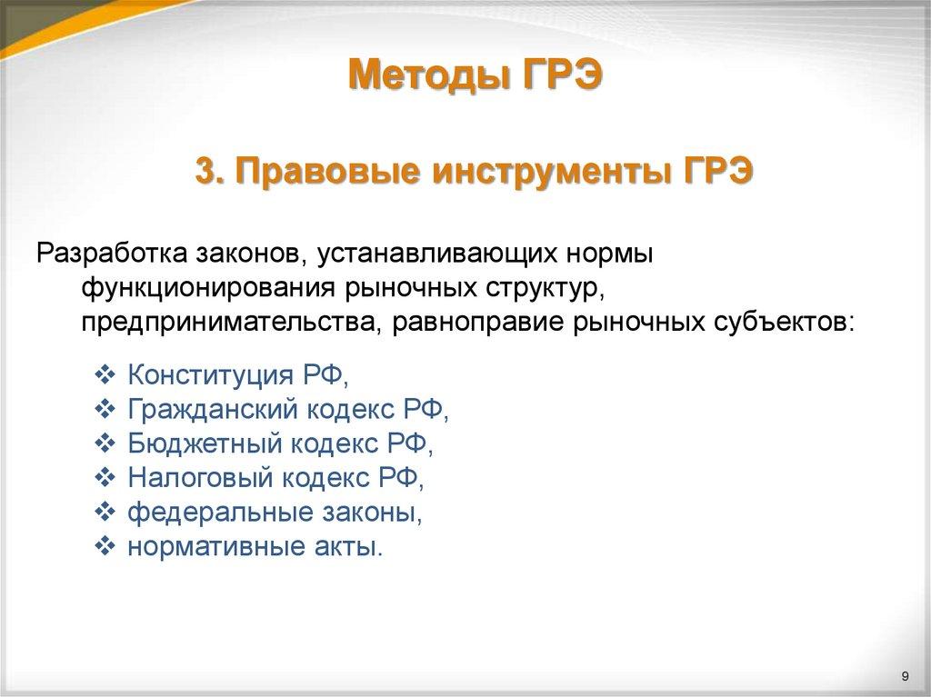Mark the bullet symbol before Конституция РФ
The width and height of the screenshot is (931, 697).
click(105, 374)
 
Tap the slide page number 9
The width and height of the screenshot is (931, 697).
click(905, 674)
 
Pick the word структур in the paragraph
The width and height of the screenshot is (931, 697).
click(538, 288)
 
